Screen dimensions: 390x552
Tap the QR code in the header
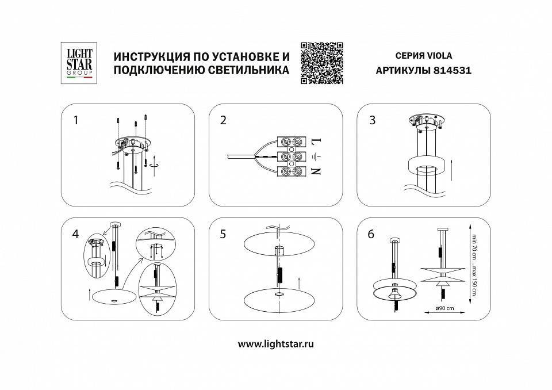coord(322,63)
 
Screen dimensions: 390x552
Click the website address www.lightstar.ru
coord(275,344)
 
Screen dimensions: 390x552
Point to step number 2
coord(223,120)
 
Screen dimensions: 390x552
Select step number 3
coord(372,120)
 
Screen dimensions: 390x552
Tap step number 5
coord(223,234)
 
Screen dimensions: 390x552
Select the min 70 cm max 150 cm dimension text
coord(474,265)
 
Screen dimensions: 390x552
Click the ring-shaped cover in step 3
coord(424,167)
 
